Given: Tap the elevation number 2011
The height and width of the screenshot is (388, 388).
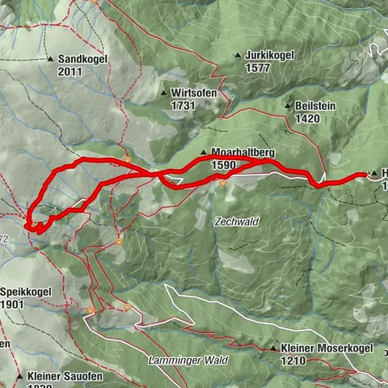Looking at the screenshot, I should (x=70, y=71).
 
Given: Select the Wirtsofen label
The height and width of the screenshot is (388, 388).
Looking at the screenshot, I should (x=193, y=93).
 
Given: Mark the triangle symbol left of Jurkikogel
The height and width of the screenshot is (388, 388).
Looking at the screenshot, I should (x=238, y=56).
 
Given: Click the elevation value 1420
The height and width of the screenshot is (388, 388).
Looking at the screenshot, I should (x=309, y=117).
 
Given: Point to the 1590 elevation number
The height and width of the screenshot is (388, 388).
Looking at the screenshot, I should (x=222, y=164).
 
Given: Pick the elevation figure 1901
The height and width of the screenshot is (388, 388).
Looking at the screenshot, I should (x=14, y=305).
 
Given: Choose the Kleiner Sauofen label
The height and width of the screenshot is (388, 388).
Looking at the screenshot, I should (x=61, y=377).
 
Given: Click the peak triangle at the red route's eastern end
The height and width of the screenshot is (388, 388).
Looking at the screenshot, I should (x=373, y=174).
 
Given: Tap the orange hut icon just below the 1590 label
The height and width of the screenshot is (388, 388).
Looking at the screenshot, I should (x=221, y=183).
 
